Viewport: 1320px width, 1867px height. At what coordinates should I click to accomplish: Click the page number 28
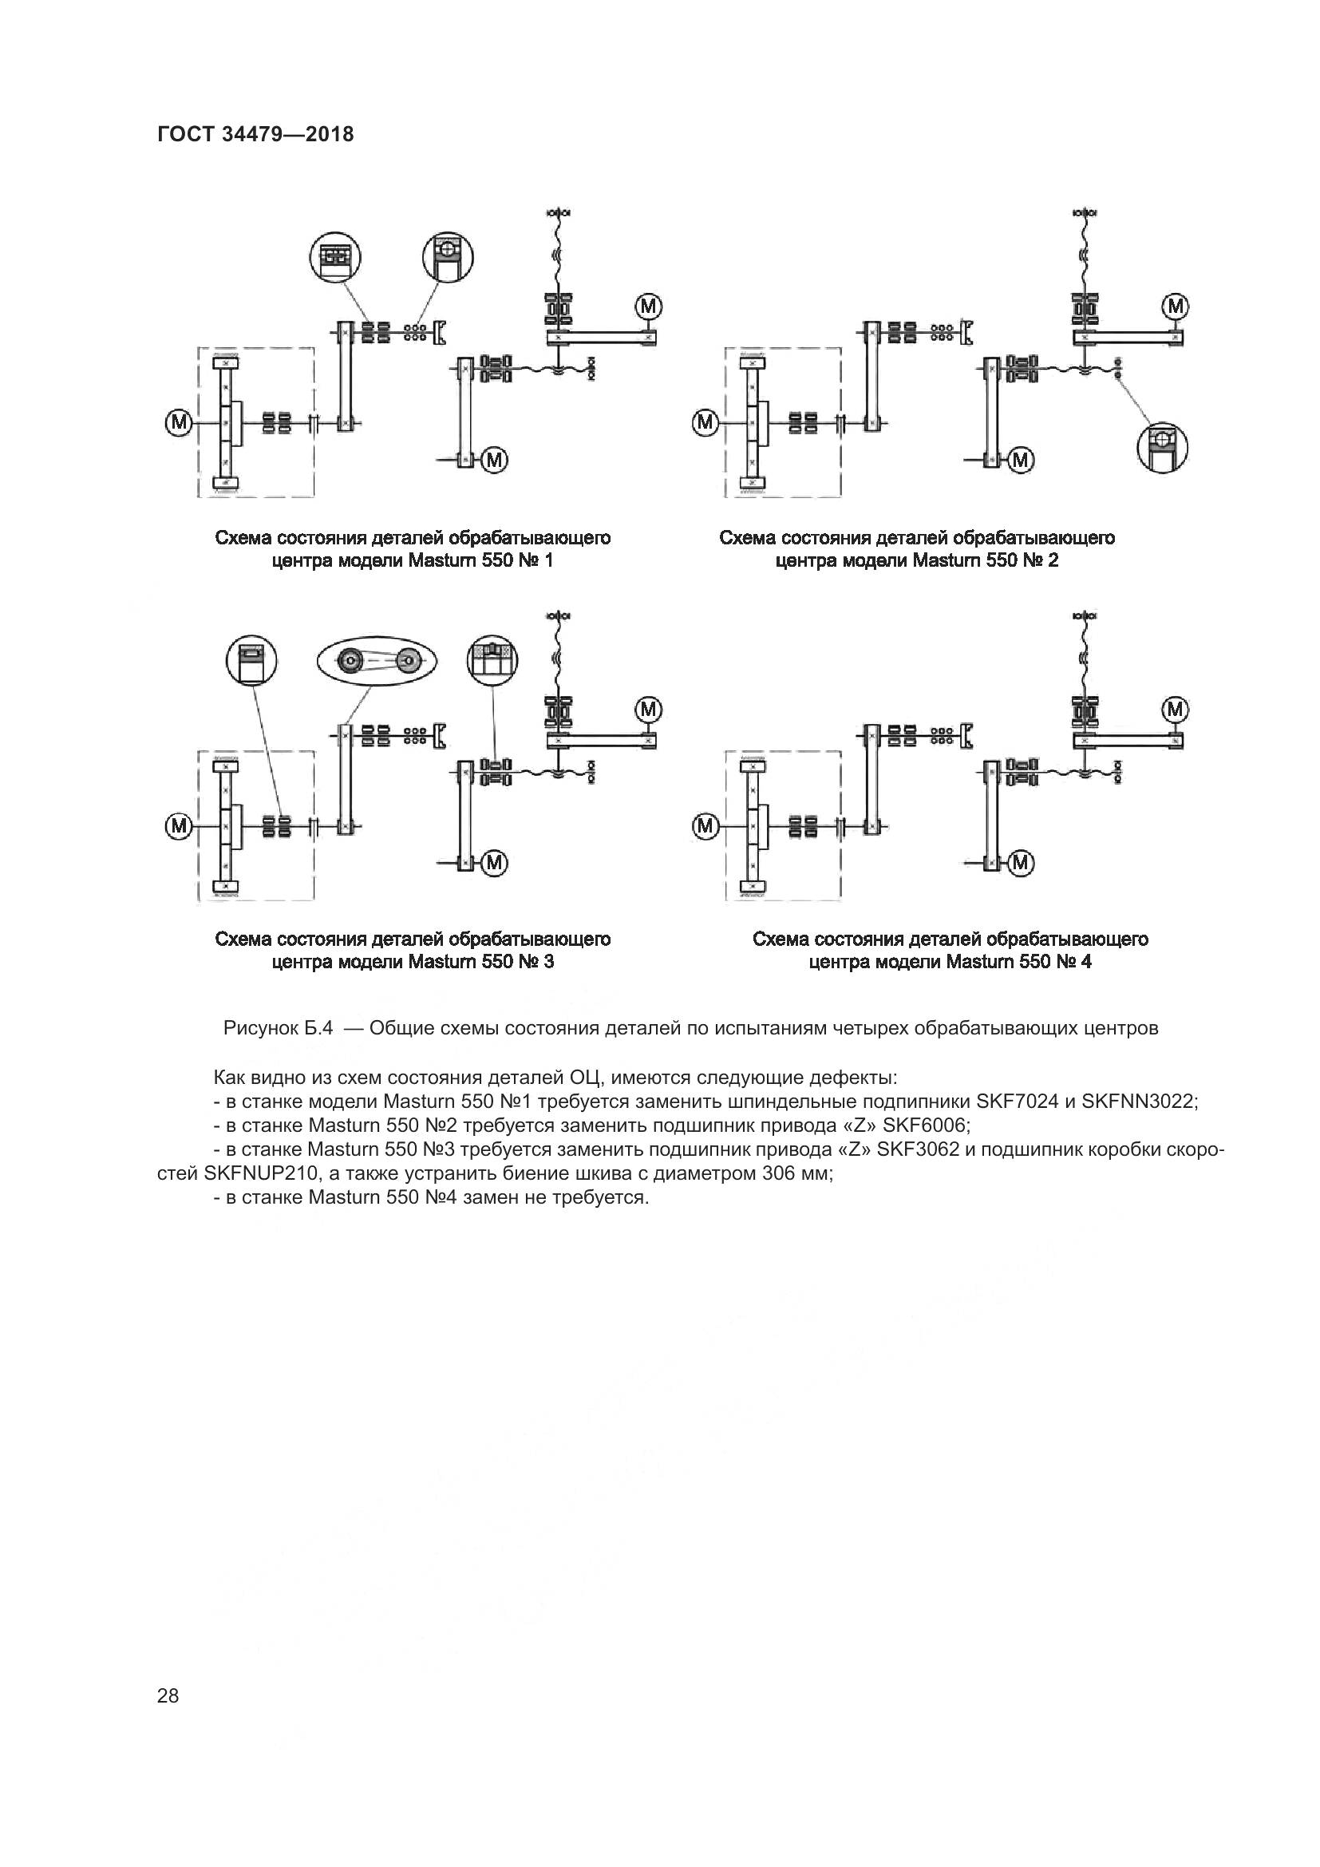(168, 1695)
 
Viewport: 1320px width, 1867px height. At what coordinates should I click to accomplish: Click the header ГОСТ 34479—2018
(255, 135)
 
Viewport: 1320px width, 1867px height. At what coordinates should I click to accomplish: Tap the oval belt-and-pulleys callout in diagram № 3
(377, 662)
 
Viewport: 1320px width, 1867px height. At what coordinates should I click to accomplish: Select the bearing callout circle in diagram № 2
(1162, 446)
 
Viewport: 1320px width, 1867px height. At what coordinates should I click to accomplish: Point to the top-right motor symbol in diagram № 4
(1176, 710)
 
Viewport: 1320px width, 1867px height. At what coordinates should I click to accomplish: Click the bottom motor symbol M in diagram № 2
(1021, 461)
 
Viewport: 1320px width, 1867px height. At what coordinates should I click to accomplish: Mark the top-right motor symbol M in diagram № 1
(649, 307)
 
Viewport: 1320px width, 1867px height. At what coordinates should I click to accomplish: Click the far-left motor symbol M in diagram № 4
(705, 826)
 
